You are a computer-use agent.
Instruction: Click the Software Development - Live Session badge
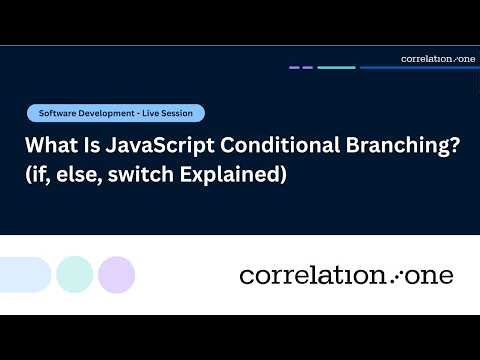(x=116, y=113)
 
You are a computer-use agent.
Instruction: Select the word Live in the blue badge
(x=146, y=113)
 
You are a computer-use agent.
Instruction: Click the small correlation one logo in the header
(x=438, y=58)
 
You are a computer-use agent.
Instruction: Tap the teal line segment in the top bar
(x=336, y=68)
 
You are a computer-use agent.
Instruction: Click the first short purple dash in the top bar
(x=295, y=68)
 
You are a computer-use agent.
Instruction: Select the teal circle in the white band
(x=75, y=274)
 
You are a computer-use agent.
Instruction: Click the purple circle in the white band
(x=117, y=274)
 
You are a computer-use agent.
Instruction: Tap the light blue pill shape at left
(x=24, y=274)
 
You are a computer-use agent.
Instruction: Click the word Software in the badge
(x=58, y=113)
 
